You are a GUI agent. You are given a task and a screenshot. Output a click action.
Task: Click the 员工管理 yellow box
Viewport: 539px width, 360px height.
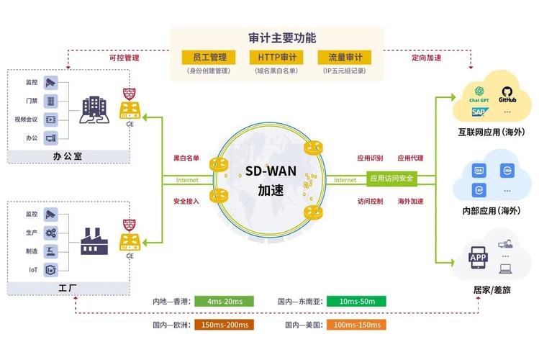(x=207, y=57)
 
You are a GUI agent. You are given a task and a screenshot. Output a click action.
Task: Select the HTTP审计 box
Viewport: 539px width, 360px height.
(x=277, y=57)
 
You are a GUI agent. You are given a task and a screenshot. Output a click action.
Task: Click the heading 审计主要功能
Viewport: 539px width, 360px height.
(x=277, y=37)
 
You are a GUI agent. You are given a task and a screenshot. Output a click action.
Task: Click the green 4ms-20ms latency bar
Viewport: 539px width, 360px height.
(x=225, y=301)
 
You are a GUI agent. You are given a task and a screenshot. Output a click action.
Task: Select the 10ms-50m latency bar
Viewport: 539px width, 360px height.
(x=356, y=301)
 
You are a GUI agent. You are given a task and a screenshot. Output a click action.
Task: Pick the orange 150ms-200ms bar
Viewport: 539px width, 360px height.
(x=225, y=325)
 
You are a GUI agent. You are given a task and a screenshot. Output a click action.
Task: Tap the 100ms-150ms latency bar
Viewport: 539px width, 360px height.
(x=356, y=325)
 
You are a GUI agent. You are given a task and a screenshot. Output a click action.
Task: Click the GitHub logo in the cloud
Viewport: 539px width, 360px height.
(x=507, y=94)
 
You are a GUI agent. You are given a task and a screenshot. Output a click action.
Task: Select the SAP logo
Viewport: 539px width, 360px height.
(x=479, y=112)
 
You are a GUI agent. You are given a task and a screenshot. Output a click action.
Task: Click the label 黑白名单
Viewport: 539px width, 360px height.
(x=186, y=158)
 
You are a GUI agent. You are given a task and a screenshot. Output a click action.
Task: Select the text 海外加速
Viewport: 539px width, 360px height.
(x=411, y=201)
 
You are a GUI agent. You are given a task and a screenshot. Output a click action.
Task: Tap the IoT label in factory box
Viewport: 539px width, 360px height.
(x=33, y=270)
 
